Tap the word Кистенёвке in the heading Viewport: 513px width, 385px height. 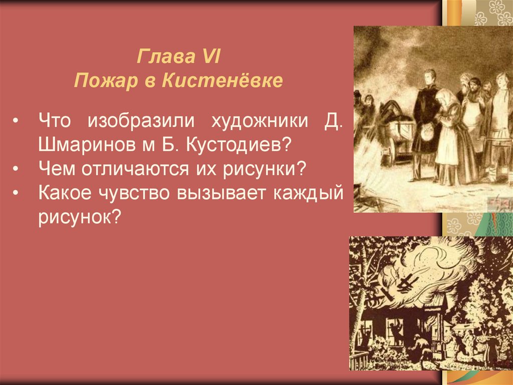[222, 80]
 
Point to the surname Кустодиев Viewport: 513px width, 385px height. [238, 145]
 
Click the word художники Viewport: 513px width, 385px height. [260, 120]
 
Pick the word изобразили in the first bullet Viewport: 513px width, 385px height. [141, 120]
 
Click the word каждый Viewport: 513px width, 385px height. [308, 193]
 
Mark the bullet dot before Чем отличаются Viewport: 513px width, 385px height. [16, 170]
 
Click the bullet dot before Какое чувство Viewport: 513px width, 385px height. [16, 194]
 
